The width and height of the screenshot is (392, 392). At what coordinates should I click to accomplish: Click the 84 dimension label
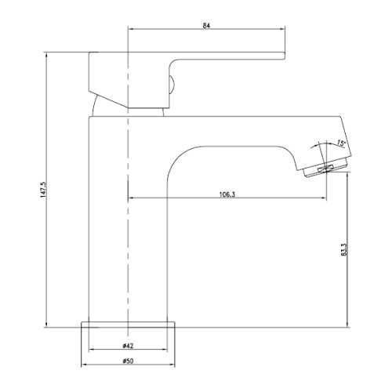206,26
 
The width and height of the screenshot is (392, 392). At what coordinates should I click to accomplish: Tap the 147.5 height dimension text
43,190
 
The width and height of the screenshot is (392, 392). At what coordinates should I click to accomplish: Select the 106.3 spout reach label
227,194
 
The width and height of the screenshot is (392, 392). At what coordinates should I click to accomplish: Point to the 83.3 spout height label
344,249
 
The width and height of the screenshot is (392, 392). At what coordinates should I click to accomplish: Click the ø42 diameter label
128,346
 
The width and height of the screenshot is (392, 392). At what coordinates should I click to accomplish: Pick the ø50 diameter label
128,361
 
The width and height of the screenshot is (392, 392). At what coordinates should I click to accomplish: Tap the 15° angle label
341,143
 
